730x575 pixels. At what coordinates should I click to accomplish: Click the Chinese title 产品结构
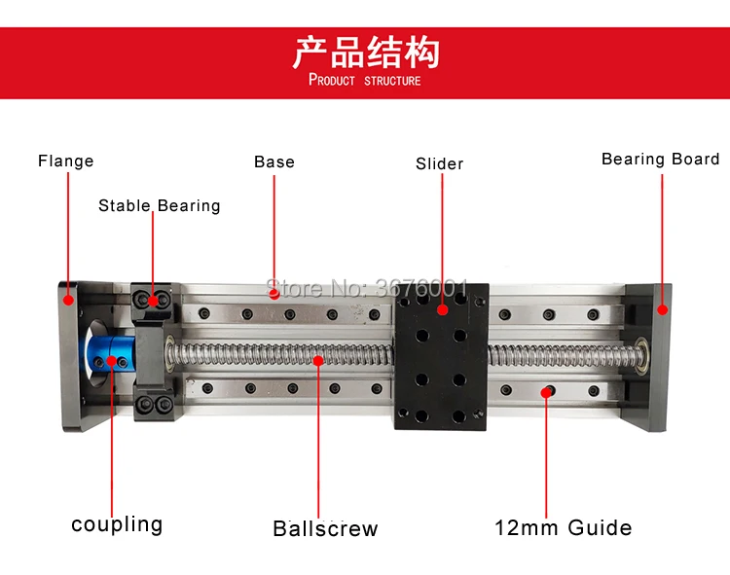pos(365,51)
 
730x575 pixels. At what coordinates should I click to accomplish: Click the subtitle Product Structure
pos(365,80)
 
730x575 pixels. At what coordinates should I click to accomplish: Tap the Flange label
pos(66,161)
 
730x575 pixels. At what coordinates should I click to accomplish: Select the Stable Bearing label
pos(160,205)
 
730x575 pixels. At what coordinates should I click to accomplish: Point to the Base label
pos(274,162)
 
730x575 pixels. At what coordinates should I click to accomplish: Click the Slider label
pos(440,163)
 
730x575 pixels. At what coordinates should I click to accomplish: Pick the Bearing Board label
pos(660,159)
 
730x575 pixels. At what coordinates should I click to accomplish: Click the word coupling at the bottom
pos(117,524)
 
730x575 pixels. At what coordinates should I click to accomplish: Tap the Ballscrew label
pos(325,529)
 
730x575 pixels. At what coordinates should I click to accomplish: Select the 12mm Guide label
pos(563,528)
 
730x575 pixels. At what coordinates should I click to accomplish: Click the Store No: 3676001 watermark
pos(368,288)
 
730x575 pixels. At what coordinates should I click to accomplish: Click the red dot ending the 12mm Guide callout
pos(547,391)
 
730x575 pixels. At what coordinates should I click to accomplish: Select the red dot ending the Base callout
pos(274,290)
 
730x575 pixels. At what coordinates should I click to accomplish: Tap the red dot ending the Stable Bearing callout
pos(153,300)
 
